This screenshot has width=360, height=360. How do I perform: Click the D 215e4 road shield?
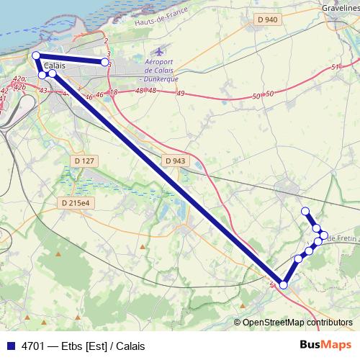[x=74, y=203]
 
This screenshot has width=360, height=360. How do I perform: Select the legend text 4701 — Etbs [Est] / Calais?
[x=84, y=346]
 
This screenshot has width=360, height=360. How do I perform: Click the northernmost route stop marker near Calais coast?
[x=36, y=55]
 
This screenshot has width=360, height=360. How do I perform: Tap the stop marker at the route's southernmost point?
[x=284, y=285]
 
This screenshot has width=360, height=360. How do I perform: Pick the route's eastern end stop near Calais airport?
[x=105, y=63]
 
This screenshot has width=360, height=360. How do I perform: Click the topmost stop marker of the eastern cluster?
[x=305, y=211]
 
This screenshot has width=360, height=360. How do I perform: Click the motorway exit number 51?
[x=335, y=67]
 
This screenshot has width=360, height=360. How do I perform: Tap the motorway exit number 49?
[x=181, y=94]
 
